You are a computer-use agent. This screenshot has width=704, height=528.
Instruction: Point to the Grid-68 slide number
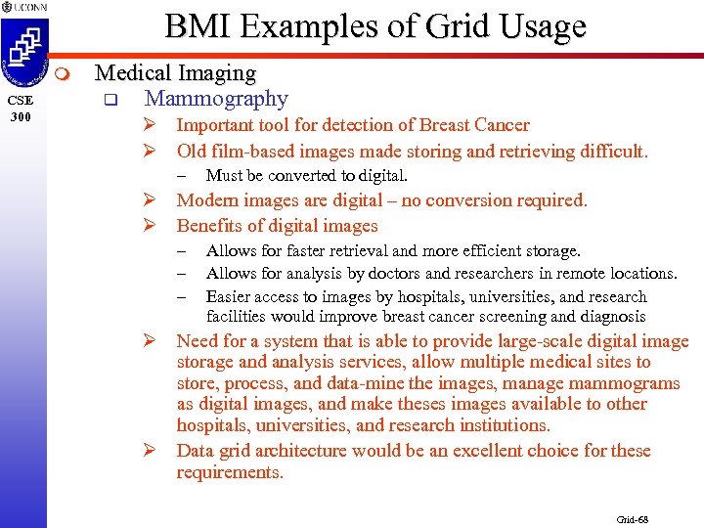[632, 519]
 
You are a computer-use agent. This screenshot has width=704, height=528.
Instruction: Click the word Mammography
[216, 99]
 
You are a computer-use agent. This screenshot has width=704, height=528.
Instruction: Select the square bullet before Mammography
[110, 100]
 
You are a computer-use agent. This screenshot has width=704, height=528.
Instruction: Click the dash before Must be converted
[182, 177]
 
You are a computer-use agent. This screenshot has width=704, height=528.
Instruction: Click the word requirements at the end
[229, 472]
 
